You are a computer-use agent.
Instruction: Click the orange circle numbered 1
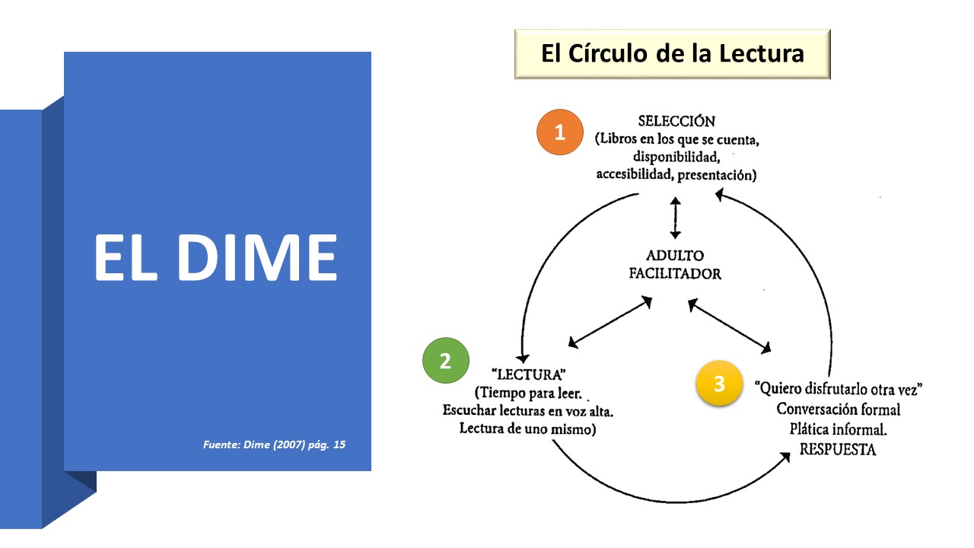coord(559,133)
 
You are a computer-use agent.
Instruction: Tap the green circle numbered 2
coord(446,360)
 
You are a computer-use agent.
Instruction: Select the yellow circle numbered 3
coord(719,384)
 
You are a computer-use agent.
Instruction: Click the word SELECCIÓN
coord(676,121)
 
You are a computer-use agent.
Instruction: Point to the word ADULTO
coord(675,256)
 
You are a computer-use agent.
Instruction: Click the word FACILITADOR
coord(675,274)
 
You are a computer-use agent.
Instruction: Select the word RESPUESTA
coord(837,450)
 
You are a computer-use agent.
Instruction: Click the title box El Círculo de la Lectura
coord(672,54)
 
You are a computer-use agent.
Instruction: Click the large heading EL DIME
coord(215,257)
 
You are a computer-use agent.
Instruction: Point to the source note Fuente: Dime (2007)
coord(274,444)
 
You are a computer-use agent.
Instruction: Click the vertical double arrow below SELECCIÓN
coord(675,218)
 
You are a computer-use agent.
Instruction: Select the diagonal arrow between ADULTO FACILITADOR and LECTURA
coord(610,323)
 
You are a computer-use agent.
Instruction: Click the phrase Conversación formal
coord(838,409)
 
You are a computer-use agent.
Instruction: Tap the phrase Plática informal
coord(839,429)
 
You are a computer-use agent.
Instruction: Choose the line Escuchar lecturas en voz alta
coord(527,411)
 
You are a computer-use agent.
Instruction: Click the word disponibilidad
coord(676,157)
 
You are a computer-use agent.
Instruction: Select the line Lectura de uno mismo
coord(527,429)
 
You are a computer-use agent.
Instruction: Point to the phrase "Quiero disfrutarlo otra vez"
coord(838,389)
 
